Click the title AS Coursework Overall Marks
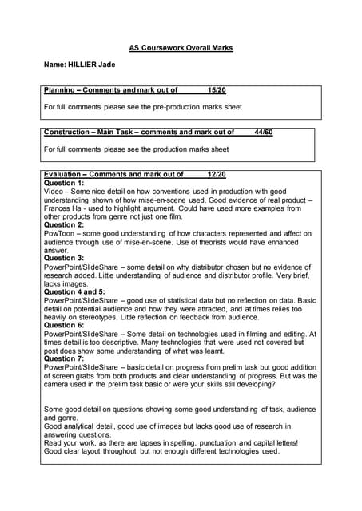(181, 48)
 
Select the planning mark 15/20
(217, 91)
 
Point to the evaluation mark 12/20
(217, 174)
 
